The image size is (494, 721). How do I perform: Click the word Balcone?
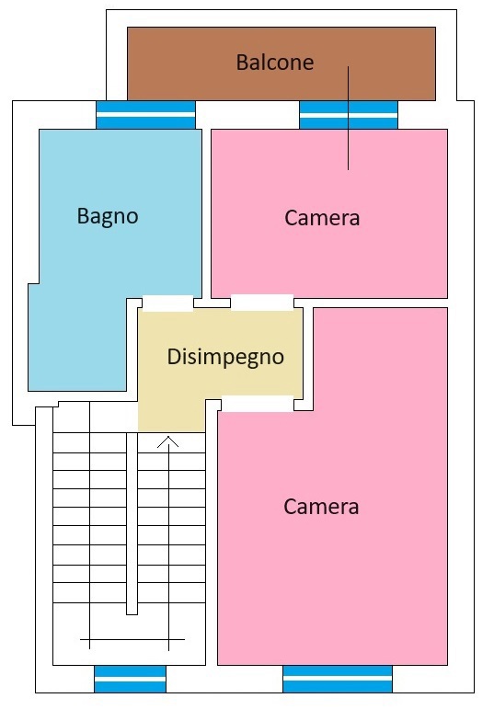[274, 63]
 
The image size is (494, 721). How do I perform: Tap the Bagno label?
[107, 216]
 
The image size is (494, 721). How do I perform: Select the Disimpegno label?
[225, 357]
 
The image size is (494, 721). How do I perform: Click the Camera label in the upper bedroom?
[322, 217]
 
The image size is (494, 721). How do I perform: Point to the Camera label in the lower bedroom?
[321, 506]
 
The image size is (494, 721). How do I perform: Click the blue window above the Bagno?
[145, 115]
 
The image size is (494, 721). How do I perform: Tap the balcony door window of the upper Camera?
[349, 115]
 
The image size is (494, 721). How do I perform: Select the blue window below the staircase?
[131, 679]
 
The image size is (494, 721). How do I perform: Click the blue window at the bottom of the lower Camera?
[338, 679]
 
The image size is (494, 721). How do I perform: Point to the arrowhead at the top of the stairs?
[168, 441]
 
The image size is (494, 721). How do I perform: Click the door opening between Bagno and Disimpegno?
[167, 303]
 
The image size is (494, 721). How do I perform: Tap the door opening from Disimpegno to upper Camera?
[261, 302]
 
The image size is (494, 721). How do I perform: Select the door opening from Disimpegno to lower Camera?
[258, 403]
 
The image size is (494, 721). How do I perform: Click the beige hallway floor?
[220, 368]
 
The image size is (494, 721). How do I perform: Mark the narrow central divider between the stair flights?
[132, 523]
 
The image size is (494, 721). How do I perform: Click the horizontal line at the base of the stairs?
[132, 639]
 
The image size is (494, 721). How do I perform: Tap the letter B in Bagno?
[83, 215]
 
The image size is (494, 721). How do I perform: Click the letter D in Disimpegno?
[173, 357]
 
